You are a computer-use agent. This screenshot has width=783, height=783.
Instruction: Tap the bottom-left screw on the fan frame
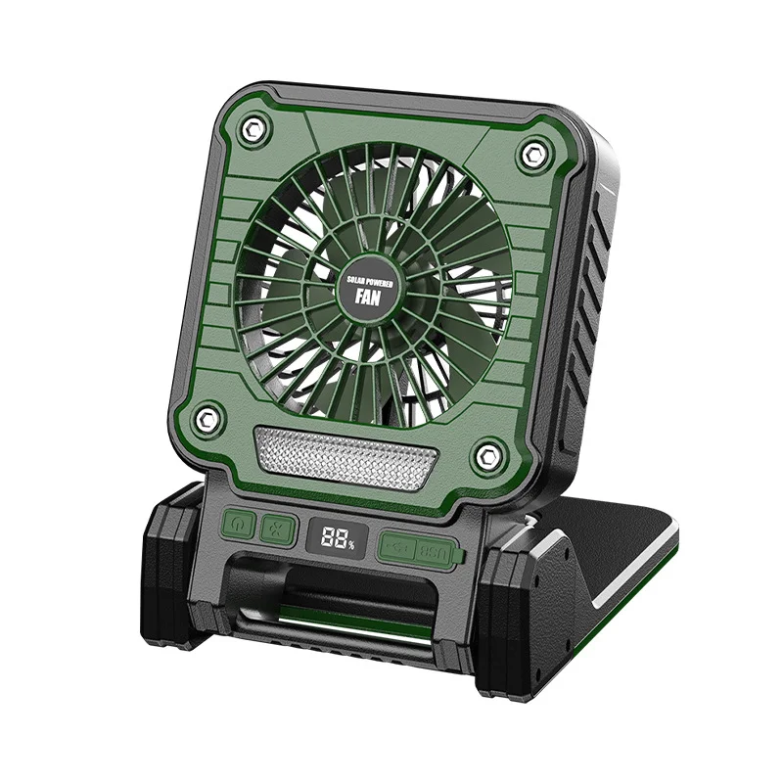[x=206, y=420]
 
